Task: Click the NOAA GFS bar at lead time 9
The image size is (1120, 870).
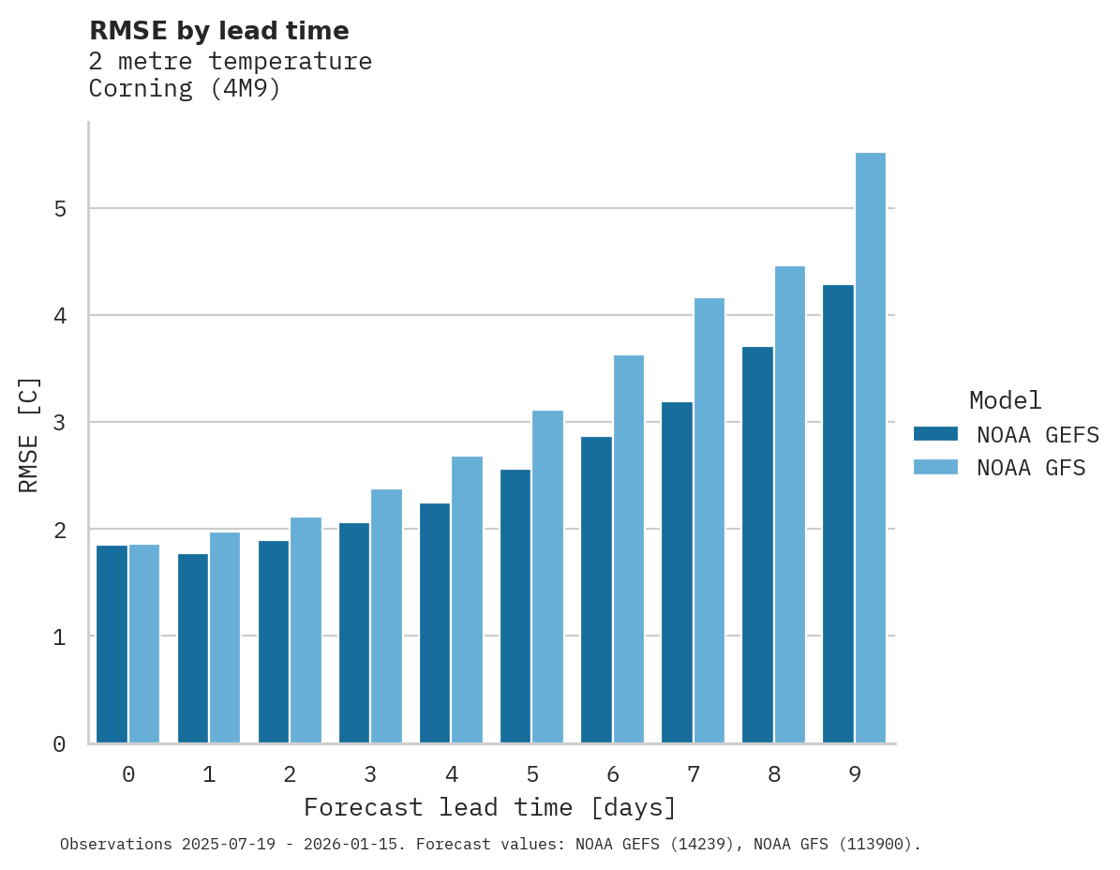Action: coord(871,448)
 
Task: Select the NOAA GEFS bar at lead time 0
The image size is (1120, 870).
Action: coord(112,644)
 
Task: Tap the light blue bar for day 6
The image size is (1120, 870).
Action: coord(629,549)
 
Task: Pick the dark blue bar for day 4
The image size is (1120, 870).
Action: coord(435,623)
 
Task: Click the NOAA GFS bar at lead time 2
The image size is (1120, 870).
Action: coord(306,630)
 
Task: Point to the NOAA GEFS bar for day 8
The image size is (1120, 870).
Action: coord(757,545)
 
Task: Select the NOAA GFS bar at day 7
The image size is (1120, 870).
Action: coord(709,520)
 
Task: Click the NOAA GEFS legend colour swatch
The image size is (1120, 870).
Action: coord(935,434)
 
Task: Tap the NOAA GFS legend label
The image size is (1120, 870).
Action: coord(1031,468)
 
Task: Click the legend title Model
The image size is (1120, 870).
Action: coord(1005,400)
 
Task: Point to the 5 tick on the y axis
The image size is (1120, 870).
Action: coord(60,208)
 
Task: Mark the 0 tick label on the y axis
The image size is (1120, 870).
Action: coord(60,743)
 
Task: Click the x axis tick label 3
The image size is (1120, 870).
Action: coord(371,774)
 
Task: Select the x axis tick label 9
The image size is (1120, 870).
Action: coord(855,774)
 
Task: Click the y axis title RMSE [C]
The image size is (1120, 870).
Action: coord(29,434)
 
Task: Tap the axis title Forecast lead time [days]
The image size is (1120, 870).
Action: coord(489,807)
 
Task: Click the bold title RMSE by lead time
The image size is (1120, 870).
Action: coord(219,31)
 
